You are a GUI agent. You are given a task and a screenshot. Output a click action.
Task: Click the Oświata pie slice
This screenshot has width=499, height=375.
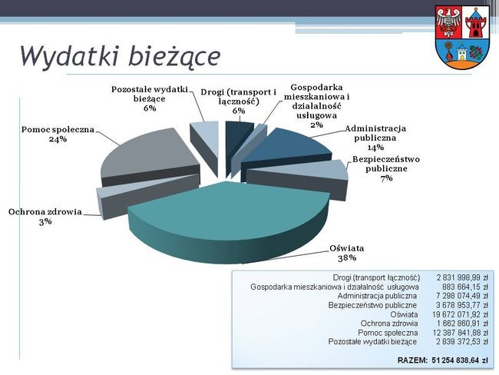(227, 220)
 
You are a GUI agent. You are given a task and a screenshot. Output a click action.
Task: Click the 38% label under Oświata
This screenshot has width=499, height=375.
(347, 257)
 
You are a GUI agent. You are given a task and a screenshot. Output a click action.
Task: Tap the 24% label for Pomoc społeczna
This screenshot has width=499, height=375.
(58, 139)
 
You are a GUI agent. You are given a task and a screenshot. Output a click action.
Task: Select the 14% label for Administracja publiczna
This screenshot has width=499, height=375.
(375, 148)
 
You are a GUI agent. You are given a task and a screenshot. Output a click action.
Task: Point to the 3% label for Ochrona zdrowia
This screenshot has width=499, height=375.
(45, 221)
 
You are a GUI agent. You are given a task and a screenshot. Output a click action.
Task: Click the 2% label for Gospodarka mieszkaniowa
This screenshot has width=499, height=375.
(316, 124)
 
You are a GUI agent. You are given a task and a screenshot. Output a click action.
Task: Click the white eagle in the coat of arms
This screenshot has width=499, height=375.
(449, 23)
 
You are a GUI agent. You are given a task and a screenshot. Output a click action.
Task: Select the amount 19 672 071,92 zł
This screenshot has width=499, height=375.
(460, 314)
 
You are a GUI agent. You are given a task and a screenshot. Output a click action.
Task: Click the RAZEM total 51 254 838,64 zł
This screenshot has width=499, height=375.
(443, 360)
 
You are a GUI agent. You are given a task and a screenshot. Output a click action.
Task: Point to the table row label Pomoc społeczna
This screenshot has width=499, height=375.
(388, 333)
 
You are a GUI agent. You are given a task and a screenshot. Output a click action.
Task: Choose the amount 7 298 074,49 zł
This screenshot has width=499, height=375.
(462, 296)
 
